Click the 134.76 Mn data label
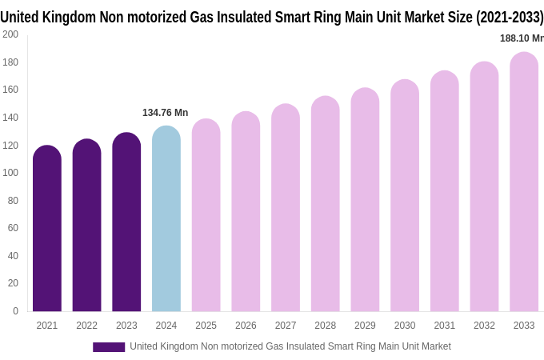(166, 113)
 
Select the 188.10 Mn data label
(521, 38)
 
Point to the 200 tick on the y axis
(10, 34)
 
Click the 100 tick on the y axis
(10, 173)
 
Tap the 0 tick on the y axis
(15, 311)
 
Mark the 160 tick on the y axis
(10, 90)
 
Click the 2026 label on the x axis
(246, 326)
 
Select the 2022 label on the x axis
(87, 326)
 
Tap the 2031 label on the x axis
(445, 326)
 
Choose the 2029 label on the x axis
(365, 326)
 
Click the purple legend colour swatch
(109, 347)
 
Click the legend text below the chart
(290, 346)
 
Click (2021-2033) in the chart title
(509, 17)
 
